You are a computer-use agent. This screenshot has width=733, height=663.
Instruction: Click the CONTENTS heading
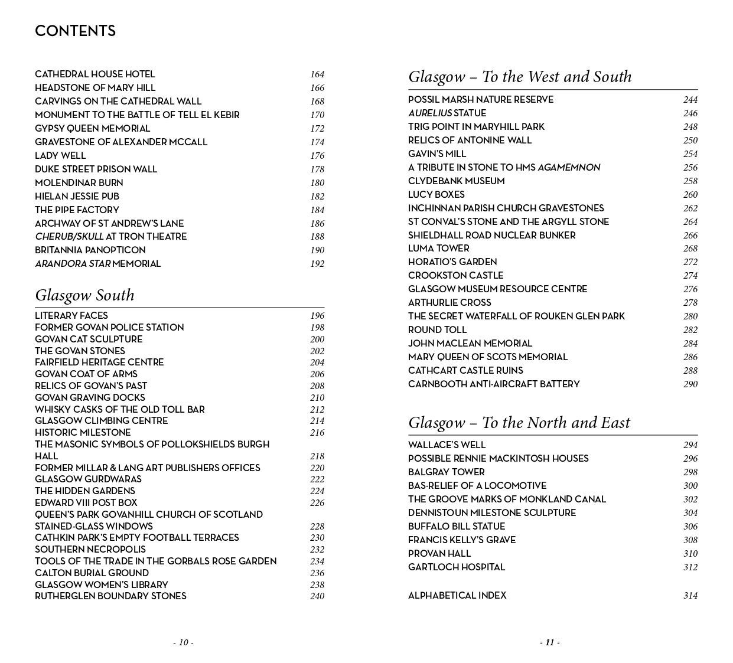point(75,31)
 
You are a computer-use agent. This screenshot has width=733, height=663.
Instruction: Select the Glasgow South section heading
point(84,295)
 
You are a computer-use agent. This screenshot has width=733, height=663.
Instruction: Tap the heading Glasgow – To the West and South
point(520,77)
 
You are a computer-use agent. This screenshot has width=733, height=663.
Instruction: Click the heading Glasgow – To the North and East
point(519,423)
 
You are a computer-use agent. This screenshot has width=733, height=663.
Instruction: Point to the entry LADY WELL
point(60,155)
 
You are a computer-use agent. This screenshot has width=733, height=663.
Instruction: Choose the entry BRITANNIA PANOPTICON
point(90,250)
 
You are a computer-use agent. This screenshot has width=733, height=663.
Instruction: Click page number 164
point(317,74)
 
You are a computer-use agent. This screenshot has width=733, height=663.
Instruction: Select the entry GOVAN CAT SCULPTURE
point(89,339)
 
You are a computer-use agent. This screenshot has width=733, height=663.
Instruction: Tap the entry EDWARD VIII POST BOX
point(86,502)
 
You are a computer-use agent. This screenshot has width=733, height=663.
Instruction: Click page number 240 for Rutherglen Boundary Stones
point(317,596)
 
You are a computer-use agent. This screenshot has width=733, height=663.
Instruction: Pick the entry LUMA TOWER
point(438,248)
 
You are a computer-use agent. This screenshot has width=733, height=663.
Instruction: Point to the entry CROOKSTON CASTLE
point(455,275)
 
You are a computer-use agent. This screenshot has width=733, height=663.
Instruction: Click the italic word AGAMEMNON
point(568,168)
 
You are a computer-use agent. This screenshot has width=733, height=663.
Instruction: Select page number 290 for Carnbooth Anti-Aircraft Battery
point(690,384)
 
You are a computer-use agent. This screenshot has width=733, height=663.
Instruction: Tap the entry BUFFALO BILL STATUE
point(457,526)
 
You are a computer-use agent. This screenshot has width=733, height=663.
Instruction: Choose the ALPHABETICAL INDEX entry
point(457,595)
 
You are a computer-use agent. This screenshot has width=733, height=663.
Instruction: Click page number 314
point(690,596)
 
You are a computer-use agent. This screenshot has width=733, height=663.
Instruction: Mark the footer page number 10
point(183,642)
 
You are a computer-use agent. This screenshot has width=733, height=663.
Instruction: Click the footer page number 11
point(550,642)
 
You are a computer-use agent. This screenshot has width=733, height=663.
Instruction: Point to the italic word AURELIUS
point(429,113)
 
